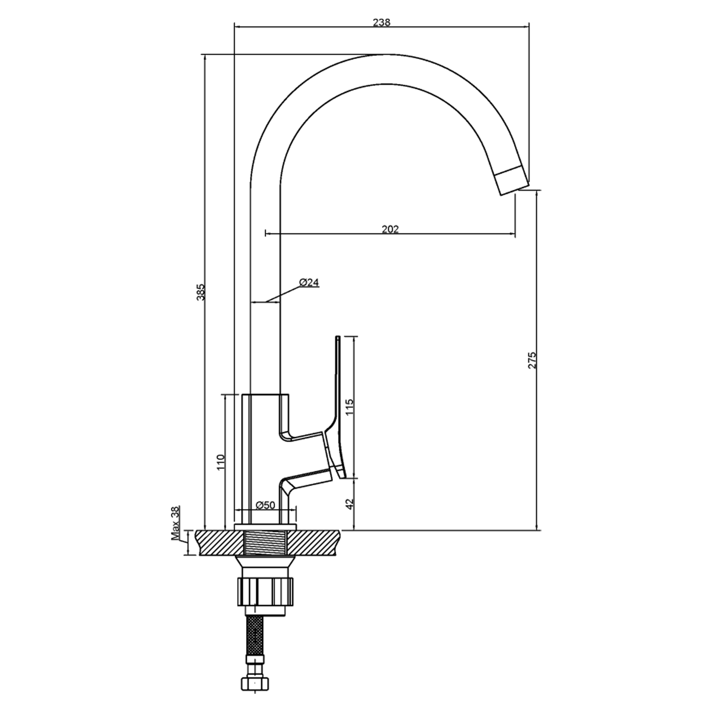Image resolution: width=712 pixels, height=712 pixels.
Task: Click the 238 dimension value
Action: (381, 22)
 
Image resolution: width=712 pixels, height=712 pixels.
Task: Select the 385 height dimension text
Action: (201, 292)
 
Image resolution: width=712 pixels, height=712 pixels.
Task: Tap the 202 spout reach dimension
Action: (390, 229)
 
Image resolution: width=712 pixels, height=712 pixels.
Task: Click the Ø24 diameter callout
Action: (309, 283)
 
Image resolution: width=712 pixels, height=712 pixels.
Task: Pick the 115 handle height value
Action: (350, 407)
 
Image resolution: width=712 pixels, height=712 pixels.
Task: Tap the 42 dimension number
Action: (350, 503)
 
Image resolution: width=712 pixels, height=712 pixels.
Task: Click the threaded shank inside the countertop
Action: (266, 543)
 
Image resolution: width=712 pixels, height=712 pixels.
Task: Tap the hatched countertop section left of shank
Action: (220, 543)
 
